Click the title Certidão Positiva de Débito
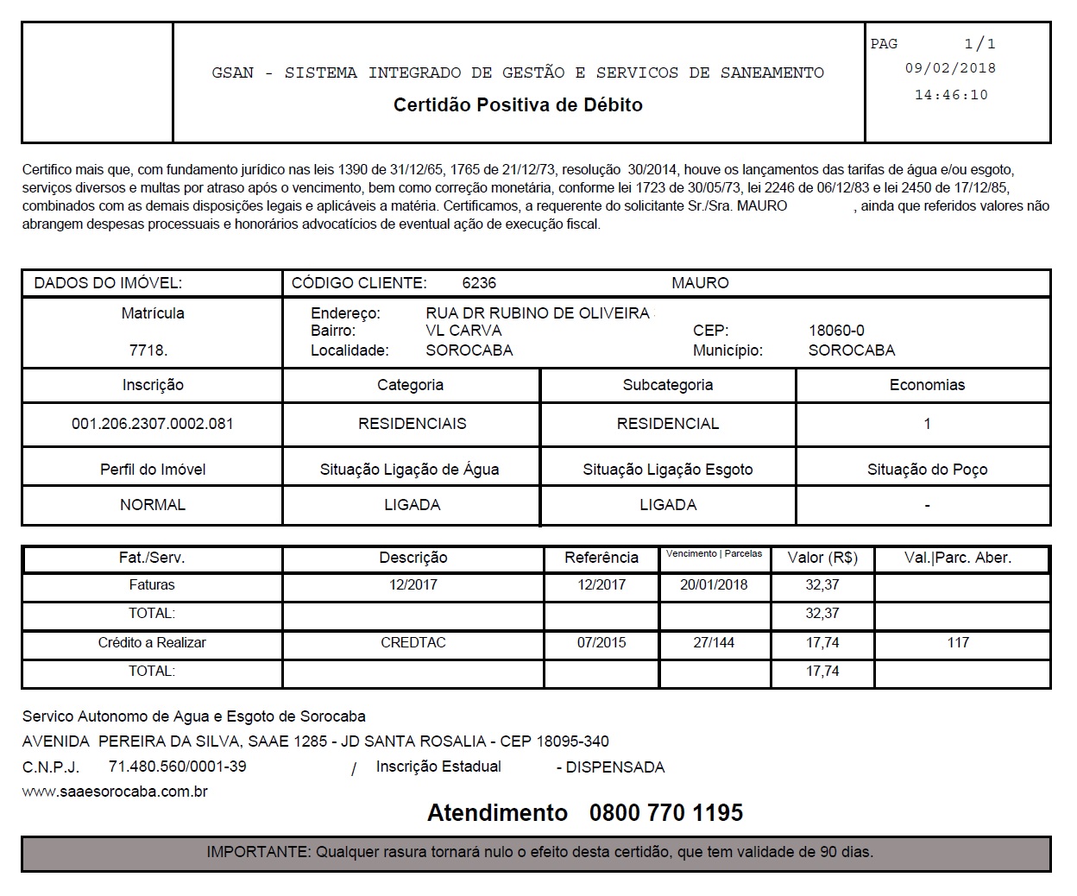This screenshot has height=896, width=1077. point(518,105)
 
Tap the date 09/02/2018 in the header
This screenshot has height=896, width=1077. point(950,68)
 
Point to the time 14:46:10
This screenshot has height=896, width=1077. point(951,95)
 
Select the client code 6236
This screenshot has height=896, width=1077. point(479,283)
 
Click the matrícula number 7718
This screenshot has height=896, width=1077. point(148,350)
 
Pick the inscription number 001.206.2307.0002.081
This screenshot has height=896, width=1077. point(153,424)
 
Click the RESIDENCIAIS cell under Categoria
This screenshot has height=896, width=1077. point(412,424)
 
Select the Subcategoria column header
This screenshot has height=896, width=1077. point(668,385)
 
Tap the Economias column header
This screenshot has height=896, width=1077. point(927,385)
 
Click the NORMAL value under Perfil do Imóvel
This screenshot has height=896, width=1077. point(153,505)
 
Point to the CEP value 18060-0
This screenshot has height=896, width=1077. point(836,331)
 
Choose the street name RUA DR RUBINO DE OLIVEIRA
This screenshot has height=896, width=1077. point(538,313)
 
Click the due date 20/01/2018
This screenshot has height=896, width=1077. point(714,585)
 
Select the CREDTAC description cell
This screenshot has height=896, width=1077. point(413,643)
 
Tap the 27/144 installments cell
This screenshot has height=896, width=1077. point(714,643)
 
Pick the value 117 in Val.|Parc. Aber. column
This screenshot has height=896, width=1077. point(958,643)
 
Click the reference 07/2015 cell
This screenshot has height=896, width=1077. point(601,643)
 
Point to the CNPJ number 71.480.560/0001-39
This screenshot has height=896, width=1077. point(177,767)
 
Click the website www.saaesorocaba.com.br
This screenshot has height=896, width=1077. point(115,792)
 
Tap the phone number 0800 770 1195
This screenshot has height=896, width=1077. point(665,813)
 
